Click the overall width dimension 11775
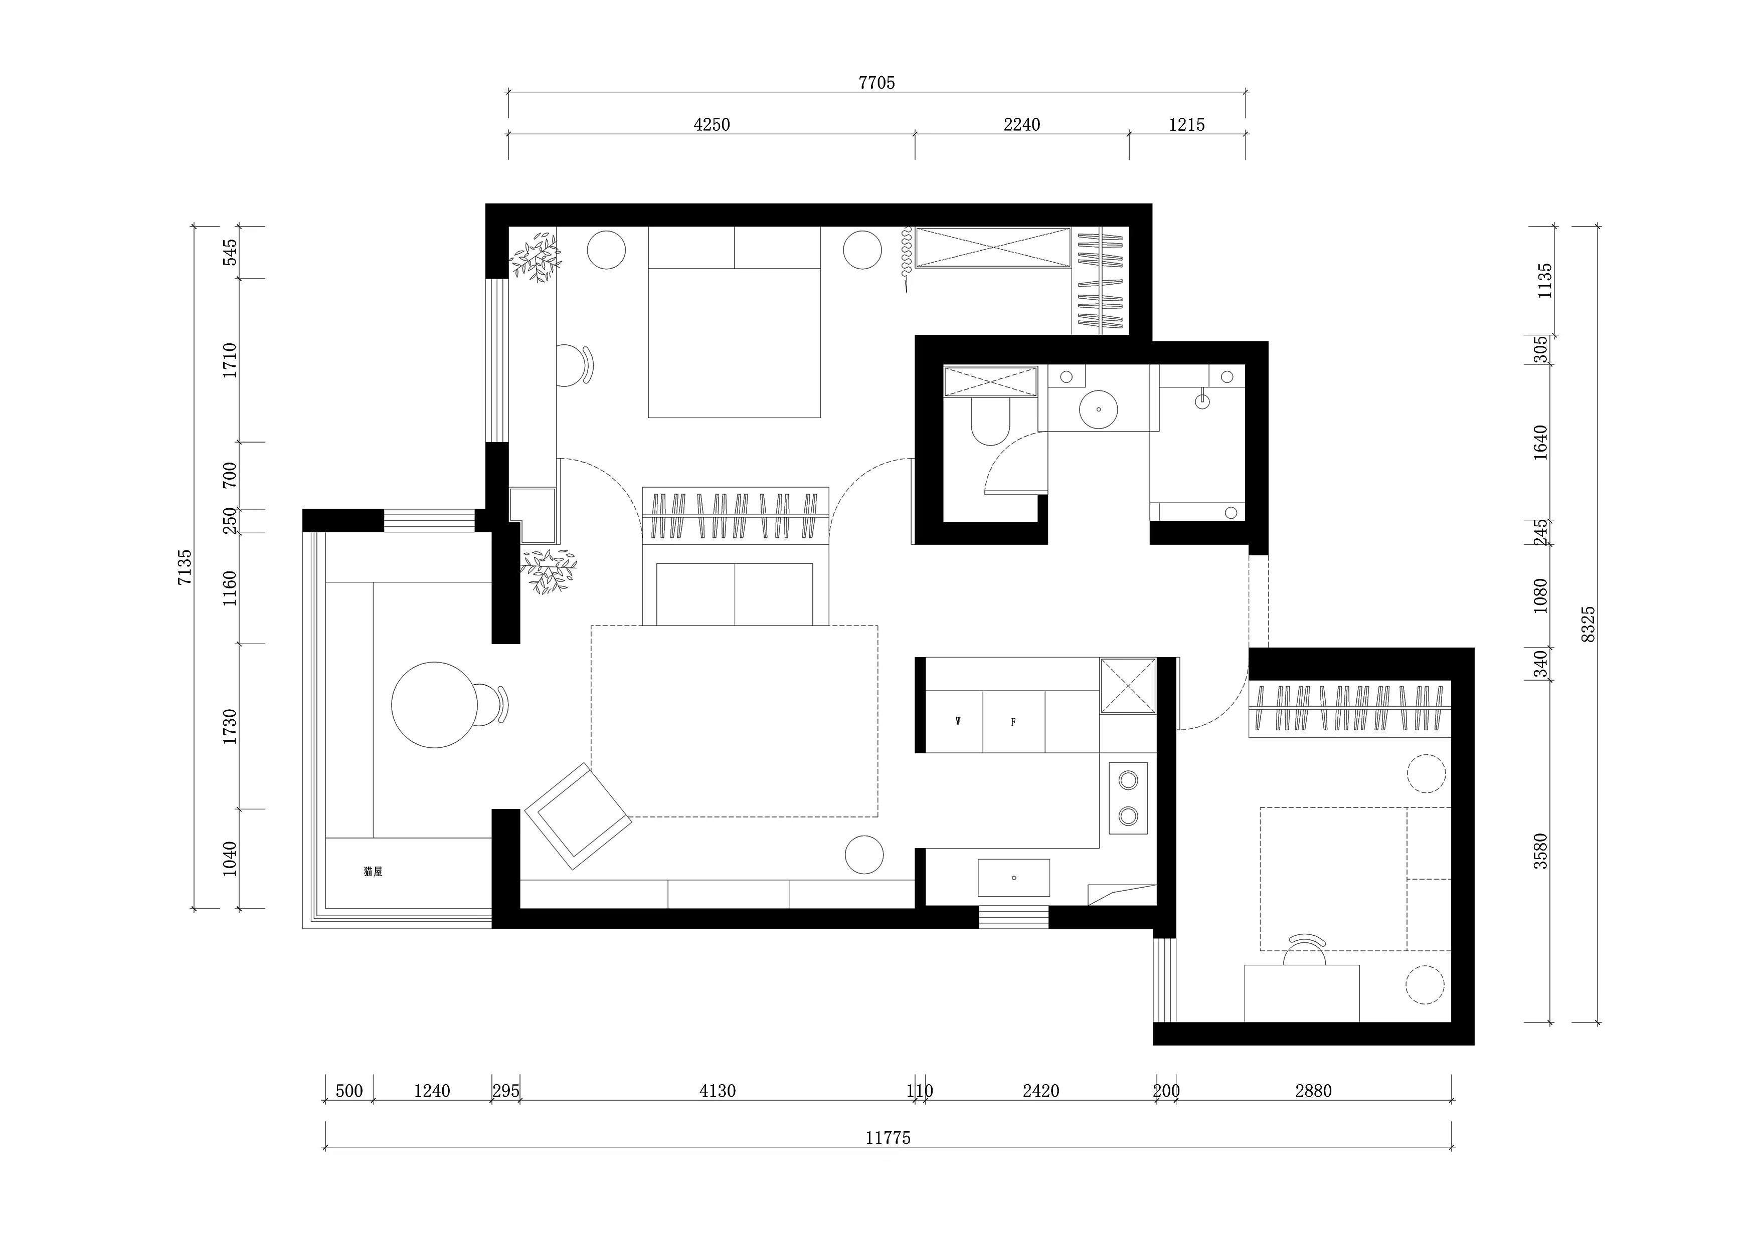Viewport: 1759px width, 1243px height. pos(888,1138)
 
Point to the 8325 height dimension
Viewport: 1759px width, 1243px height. pos(1588,624)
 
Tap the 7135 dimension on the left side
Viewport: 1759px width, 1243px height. pos(185,567)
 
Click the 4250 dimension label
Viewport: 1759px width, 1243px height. pos(712,125)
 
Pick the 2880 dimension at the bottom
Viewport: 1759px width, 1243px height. pos(1313,1091)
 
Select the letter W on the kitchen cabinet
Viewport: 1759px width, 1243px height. pos(958,721)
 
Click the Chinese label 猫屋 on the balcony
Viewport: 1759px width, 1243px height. pos(373,872)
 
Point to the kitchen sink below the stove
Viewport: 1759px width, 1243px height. pos(1013,878)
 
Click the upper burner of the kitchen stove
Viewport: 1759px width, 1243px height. pos(1128,780)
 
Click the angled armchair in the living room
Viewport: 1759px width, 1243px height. pos(579,815)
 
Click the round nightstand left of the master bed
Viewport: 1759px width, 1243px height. pos(606,250)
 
